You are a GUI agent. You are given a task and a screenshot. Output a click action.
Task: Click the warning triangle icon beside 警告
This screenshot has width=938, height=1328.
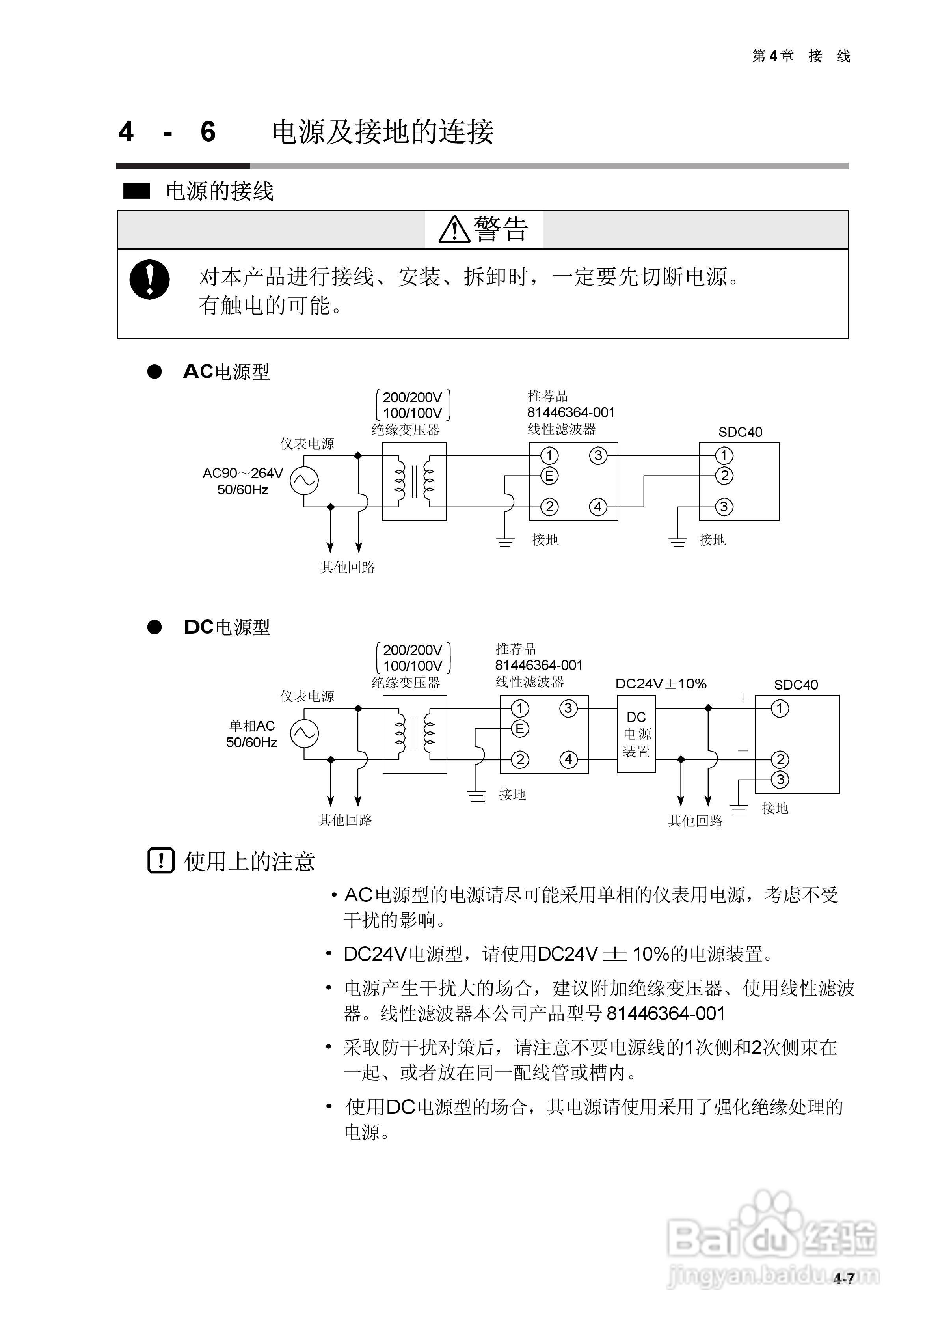pyautogui.click(x=454, y=229)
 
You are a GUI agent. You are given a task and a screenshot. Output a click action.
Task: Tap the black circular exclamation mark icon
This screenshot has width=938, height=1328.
pyautogui.click(x=149, y=280)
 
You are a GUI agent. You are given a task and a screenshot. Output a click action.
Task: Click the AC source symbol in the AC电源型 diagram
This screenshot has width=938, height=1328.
pyautogui.click(x=304, y=480)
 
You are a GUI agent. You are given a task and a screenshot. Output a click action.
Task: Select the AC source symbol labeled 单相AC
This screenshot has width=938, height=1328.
pyautogui.click(x=304, y=733)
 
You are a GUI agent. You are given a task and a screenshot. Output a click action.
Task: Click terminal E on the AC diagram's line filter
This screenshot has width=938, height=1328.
pyautogui.click(x=549, y=476)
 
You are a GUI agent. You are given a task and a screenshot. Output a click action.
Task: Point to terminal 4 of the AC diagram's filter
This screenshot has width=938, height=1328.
pyautogui.click(x=598, y=507)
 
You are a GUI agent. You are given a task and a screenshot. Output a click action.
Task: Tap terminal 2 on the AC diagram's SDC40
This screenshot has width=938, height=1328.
pyautogui.click(x=724, y=476)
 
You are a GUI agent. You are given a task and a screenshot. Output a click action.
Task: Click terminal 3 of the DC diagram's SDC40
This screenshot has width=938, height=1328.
pyautogui.click(x=780, y=779)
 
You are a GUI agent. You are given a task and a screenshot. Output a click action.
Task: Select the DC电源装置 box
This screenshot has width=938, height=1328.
pyautogui.click(x=636, y=734)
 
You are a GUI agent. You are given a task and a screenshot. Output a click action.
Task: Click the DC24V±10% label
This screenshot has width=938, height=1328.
pyautogui.click(x=661, y=684)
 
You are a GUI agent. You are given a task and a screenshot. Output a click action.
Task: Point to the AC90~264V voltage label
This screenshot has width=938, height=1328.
pyautogui.click(x=243, y=473)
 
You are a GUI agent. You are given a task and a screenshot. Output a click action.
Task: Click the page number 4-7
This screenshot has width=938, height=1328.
pyautogui.click(x=844, y=1279)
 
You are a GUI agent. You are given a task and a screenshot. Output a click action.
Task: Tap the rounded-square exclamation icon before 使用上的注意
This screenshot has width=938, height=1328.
pyautogui.click(x=161, y=861)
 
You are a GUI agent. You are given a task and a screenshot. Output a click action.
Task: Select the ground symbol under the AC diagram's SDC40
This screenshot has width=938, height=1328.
pyautogui.click(x=678, y=542)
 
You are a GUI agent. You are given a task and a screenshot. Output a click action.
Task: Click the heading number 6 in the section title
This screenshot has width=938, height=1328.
pyautogui.click(x=208, y=132)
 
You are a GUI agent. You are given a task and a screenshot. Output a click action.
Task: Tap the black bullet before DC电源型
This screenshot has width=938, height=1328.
pyautogui.click(x=154, y=627)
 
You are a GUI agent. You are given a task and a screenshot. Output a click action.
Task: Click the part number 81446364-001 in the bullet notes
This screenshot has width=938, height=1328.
pyautogui.click(x=666, y=1013)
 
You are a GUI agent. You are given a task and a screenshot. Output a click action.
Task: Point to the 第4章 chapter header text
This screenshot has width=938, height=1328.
pyautogui.click(x=772, y=56)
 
